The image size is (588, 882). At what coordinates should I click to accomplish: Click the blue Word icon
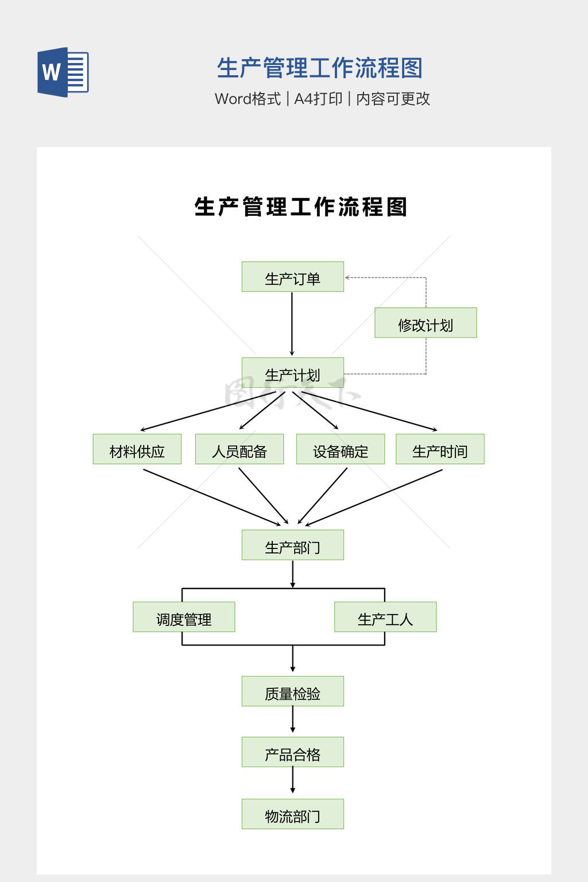pyautogui.click(x=63, y=72)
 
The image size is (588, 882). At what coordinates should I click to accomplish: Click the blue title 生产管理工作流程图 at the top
pyautogui.click(x=320, y=68)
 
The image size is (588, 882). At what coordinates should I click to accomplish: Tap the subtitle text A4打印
pyautogui.click(x=318, y=99)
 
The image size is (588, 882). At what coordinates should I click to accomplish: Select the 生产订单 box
pyautogui.click(x=292, y=277)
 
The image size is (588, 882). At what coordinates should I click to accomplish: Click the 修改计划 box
pyautogui.click(x=425, y=323)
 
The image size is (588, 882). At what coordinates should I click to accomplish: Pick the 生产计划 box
pyautogui.click(x=292, y=373)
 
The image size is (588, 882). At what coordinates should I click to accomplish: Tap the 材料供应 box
pyautogui.click(x=137, y=449)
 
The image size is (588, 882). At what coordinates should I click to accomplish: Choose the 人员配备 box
pyautogui.click(x=239, y=449)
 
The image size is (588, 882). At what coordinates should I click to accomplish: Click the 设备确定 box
pyautogui.click(x=340, y=449)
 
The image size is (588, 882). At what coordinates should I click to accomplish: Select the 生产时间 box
pyautogui.click(x=440, y=449)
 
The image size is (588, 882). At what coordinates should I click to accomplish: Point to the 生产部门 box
pyautogui.click(x=292, y=545)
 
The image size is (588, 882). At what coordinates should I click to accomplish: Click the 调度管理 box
pyautogui.click(x=184, y=617)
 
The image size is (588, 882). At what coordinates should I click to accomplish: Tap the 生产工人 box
pyautogui.click(x=385, y=617)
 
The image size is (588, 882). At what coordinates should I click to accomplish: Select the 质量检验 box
pyautogui.click(x=292, y=691)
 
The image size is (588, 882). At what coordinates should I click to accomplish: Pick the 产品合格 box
pyautogui.click(x=292, y=752)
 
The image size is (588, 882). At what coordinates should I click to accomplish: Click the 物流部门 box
pyautogui.click(x=292, y=814)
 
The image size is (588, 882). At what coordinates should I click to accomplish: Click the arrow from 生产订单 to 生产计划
pyautogui.click(x=292, y=324)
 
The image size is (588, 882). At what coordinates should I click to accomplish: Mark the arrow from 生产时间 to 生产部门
pyautogui.click(x=373, y=497)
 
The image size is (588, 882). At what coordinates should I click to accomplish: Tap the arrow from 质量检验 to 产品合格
pyautogui.click(x=293, y=720)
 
